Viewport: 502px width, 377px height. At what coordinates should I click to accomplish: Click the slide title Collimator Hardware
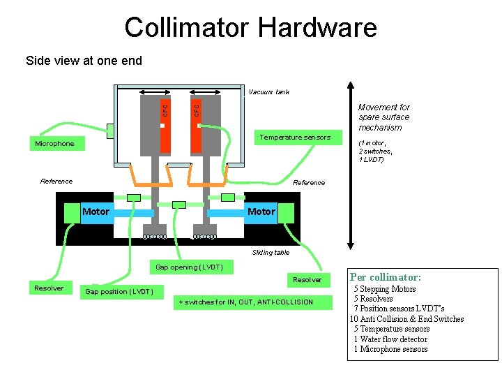coord(250,27)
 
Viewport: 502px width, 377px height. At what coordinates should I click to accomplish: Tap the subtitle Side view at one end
coord(84,61)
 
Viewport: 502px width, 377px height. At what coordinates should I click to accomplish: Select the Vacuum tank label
coord(268,92)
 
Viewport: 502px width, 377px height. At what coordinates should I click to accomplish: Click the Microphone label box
coord(54,144)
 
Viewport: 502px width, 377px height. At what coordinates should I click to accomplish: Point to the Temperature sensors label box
coord(295,138)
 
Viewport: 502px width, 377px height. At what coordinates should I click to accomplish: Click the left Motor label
coord(96,212)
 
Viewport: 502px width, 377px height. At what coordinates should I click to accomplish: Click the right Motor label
coord(261,212)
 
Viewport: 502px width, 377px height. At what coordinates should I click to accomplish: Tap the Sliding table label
coord(271,253)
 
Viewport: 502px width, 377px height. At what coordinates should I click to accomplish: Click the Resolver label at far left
coord(49,288)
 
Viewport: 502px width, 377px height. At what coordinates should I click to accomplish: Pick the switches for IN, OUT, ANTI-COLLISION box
coord(246,302)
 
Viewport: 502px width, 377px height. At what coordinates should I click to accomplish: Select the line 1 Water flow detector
coord(390,339)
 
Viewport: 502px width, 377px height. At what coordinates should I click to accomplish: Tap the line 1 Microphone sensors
coord(390,349)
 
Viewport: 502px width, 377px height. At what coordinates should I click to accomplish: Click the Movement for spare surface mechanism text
coord(384,117)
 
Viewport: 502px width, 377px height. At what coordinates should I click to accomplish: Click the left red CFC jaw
coord(165,126)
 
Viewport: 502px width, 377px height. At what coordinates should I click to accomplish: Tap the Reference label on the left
coord(56,182)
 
